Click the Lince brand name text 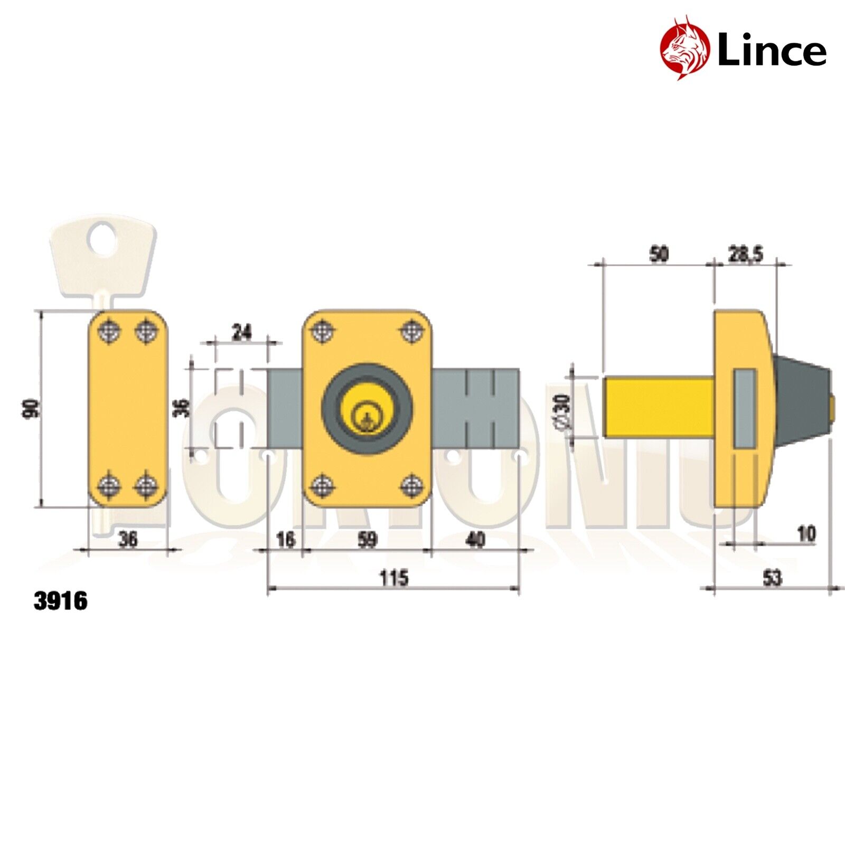(772, 51)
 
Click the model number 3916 (61, 601)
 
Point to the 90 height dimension (31, 409)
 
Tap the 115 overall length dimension (394, 578)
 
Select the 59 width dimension (368, 540)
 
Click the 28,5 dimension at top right (746, 255)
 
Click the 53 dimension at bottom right (772, 578)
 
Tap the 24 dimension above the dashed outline (242, 333)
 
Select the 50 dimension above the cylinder (659, 255)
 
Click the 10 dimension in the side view (806, 534)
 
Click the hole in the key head (101, 240)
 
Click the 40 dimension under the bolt (475, 540)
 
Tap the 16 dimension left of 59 (286, 540)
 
